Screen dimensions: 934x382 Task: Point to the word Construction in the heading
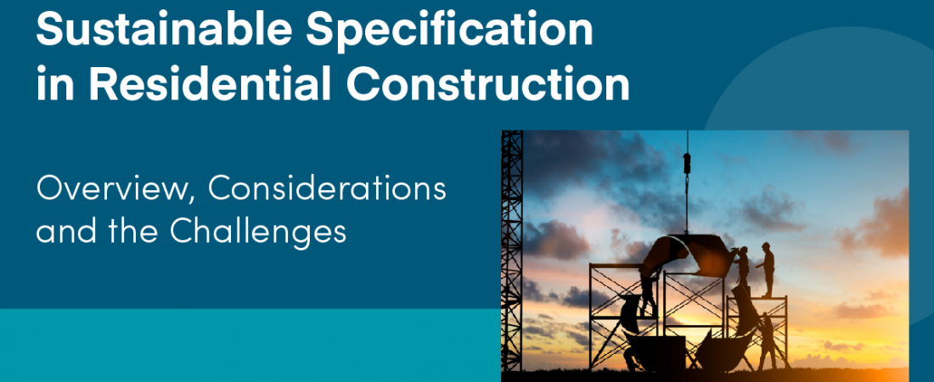[x=488, y=84]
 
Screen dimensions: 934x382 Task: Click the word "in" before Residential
[x=55, y=85]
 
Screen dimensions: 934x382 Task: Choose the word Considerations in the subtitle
[x=327, y=189]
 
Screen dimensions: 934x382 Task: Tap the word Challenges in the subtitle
[x=258, y=231]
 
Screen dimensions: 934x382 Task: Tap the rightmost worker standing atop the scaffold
[x=767, y=269]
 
